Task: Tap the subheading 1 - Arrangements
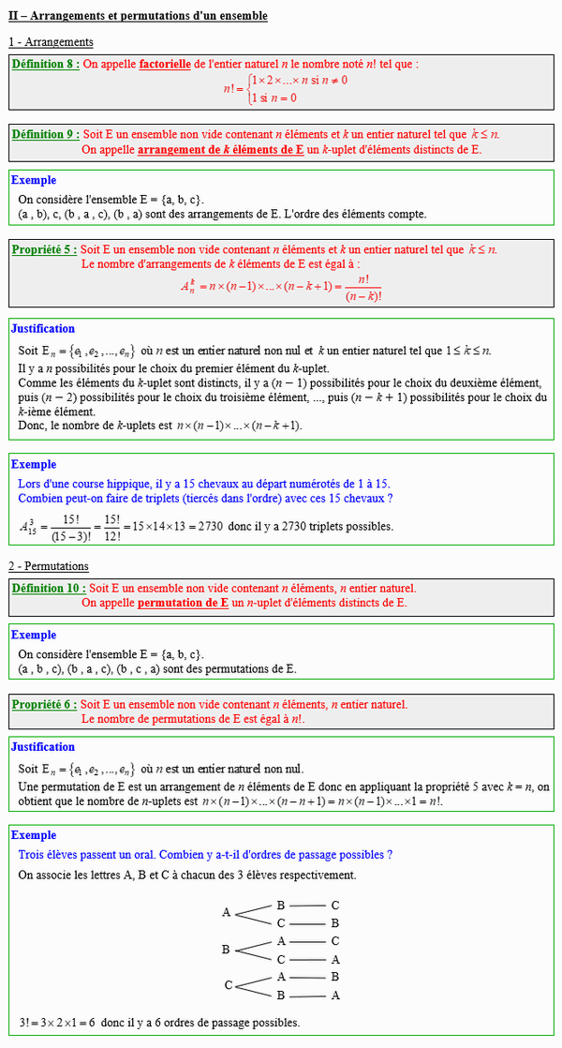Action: [x=50, y=42]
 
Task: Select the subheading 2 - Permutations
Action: [x=48, y=566]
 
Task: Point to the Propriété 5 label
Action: [x=43, y=249]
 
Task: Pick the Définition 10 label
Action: [x=48, y=588]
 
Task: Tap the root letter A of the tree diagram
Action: [x=226, y=911]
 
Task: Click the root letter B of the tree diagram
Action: [x=226, y=949]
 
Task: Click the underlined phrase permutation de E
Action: [x=183, y=603]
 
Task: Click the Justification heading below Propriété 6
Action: [x=43, y=747]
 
